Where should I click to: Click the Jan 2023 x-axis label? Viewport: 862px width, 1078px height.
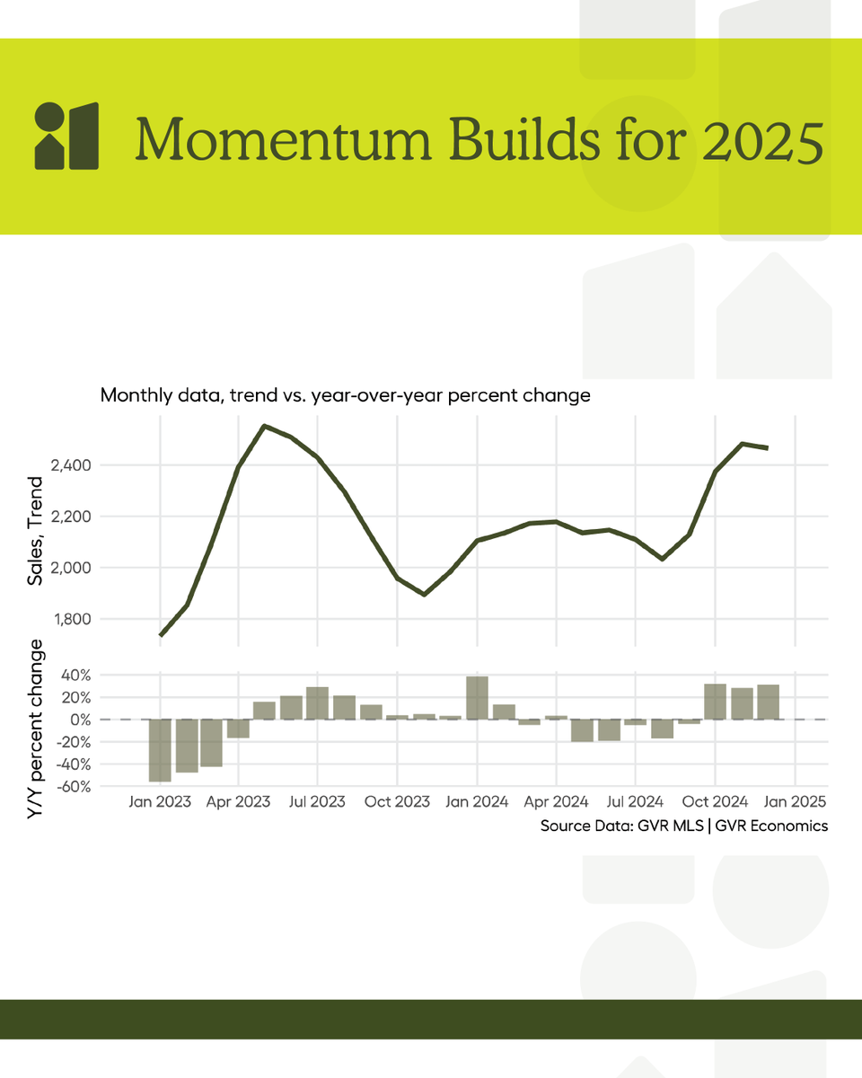159,802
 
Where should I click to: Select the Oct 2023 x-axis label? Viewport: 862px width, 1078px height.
398,802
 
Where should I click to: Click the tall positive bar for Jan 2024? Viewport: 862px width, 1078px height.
477,698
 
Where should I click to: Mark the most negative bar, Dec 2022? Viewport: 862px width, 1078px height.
159,750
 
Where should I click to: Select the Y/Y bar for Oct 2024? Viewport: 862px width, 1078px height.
715,702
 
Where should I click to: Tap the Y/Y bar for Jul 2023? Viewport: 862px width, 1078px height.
317,703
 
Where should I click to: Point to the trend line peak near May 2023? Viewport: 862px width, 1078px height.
264,426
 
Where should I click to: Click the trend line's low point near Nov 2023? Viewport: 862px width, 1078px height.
424,594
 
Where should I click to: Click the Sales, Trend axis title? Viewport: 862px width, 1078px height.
36,532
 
